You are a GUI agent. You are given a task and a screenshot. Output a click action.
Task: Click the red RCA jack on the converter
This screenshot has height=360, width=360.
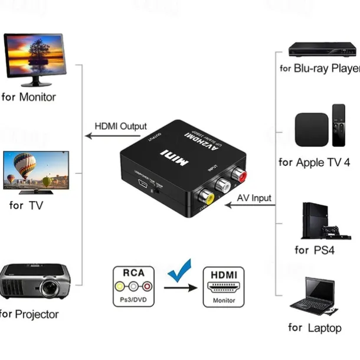(x=240, y=176)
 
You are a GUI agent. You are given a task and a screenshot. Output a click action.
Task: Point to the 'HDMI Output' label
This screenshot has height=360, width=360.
(x=120, y=126)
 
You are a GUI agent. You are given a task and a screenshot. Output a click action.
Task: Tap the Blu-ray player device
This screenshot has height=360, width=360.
(x=323, y=49)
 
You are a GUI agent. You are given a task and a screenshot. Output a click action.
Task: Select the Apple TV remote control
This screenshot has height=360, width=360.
(x=339, y=126)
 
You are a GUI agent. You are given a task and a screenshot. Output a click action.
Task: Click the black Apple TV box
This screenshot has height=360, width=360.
(x=311, y=129)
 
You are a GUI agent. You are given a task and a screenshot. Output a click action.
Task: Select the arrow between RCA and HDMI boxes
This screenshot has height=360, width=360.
(x=179, y=287)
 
